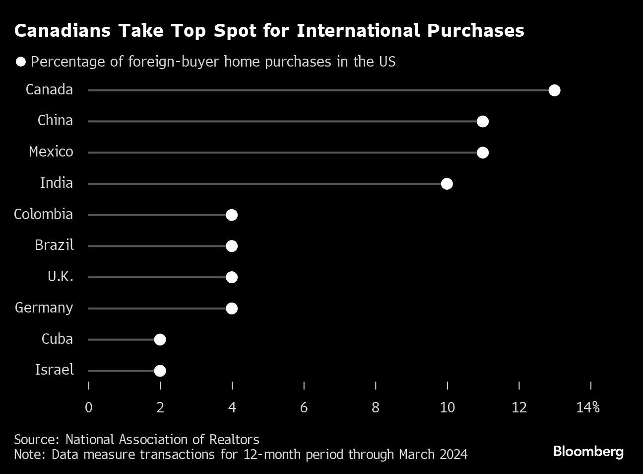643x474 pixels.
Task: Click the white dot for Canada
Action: pos(554,90)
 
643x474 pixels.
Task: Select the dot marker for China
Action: pos(482,122)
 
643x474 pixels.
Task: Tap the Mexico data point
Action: pos(482,153)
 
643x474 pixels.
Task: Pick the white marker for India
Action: pos(447,184)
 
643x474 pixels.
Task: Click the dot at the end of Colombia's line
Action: pos(232,215)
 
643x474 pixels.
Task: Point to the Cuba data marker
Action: pos(160,339)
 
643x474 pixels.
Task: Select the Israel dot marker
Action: pos(160,371)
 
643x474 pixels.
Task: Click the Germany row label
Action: pos(44,308)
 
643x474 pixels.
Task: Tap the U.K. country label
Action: pos(61,277)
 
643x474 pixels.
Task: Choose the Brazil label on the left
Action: pos(54,245)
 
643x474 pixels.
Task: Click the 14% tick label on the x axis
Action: pos(588,408)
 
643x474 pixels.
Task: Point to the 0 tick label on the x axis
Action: pos(89,408)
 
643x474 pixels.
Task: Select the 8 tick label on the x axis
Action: pos(376,408)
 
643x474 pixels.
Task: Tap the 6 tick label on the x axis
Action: pos(304,408)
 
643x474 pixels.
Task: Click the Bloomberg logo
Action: pos(588,452)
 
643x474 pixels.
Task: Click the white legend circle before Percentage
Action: pos(21,62)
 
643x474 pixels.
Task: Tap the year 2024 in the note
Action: pos(452,455)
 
